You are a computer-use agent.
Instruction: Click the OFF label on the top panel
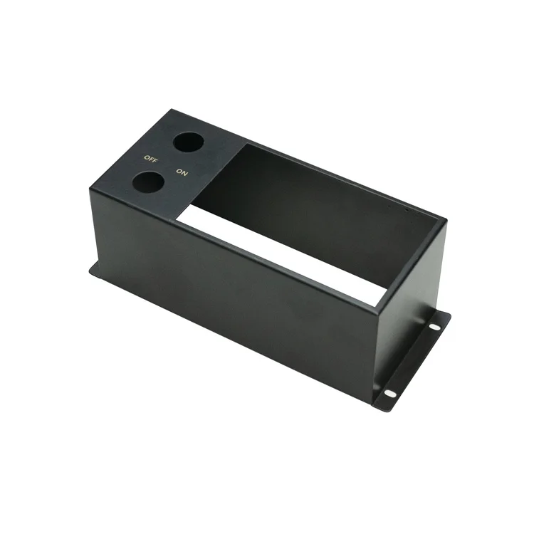150,157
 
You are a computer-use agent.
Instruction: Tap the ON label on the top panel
181,172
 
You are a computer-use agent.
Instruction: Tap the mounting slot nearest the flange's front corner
389,392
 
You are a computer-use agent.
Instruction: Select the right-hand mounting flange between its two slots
413,360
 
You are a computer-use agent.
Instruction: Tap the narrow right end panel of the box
409,285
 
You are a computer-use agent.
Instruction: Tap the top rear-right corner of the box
445,218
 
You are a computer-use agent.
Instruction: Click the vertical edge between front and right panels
376,356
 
